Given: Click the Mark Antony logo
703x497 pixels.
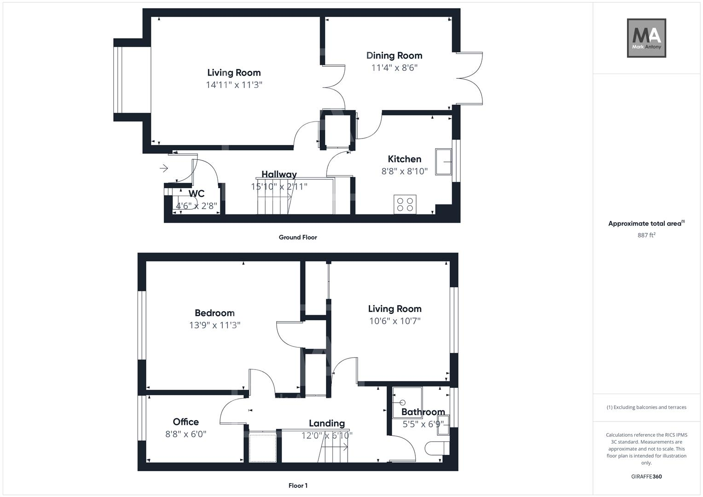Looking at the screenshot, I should coord(646,38).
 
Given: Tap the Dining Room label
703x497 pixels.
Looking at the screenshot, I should coord(394,56).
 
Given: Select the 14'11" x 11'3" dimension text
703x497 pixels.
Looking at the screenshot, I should coord(234,85).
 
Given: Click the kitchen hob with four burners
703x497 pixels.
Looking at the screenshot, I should coord(405,204).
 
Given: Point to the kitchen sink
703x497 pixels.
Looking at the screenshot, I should coord(444,162).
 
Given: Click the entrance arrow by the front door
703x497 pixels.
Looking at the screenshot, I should coord(164,168).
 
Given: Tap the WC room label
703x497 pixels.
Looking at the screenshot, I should coord(197,194).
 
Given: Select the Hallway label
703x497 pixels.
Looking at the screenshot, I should coord(279,174).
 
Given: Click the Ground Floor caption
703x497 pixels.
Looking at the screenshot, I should coord(298,237).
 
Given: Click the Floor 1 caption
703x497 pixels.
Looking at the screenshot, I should coord(298,485).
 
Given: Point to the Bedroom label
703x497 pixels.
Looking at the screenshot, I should coord(215,313).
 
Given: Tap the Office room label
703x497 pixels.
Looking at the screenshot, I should coord(186,422).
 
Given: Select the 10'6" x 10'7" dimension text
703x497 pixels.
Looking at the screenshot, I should coord(395,321).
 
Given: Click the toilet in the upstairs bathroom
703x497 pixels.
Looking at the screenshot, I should coord(436,448).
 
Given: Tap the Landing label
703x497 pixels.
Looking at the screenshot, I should coord(326,423).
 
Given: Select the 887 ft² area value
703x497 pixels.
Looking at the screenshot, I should coord(646,235).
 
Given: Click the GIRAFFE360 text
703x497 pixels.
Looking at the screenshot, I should coord(646,476).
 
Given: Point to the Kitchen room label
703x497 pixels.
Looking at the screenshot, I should coord(404,159).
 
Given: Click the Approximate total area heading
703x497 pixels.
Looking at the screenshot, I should coord(646,224).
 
